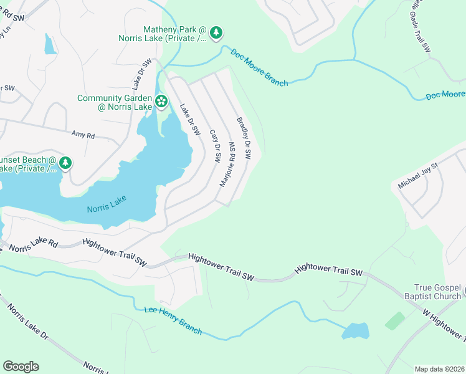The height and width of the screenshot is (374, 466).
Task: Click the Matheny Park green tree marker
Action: coord(216,33)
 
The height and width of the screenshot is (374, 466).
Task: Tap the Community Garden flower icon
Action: coord(161,101)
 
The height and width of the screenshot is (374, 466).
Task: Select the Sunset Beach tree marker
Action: coord(65,163)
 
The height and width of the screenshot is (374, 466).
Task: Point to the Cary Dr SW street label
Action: coord(215,146)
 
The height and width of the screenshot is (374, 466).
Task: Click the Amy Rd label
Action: coord(83,135)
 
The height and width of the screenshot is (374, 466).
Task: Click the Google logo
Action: coord(21,367)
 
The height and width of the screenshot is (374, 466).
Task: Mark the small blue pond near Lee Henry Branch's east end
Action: coord(354,330)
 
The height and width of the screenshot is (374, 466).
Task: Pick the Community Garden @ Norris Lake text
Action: coord(115,102)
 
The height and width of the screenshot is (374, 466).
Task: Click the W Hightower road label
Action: coord(444,324)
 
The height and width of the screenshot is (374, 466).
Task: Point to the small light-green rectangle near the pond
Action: coord(394,321)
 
